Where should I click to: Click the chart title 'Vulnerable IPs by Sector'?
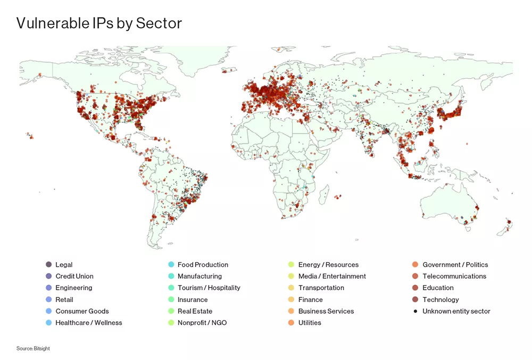99,23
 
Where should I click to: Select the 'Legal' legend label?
64,265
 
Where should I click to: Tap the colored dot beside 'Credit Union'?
49,277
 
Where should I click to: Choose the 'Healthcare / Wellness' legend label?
88,323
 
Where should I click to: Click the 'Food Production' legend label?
203,265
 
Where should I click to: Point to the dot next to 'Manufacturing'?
171,277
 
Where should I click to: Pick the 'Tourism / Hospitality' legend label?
209,288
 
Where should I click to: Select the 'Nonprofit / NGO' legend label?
202,323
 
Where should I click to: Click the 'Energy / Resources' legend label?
328,265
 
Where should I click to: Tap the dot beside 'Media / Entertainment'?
291,277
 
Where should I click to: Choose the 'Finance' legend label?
310,300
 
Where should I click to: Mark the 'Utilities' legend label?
310,323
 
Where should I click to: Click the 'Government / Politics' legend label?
455,265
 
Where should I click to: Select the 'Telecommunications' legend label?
454,277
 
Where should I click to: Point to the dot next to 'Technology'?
415,300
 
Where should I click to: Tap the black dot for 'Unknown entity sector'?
415,311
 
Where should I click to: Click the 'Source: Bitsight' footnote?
33,348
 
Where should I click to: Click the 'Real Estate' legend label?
195,311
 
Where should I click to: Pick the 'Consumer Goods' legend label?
82,311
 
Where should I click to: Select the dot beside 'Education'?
415,288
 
